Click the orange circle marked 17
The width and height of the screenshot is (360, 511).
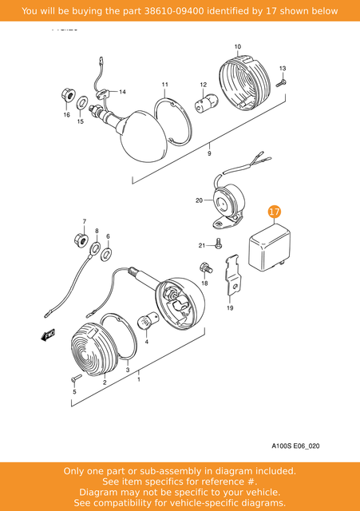click(274, 212)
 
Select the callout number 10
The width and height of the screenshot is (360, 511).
click(237, 47)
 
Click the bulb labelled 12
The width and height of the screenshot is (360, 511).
click(204, 102)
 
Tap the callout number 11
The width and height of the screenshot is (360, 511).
click(164, 85)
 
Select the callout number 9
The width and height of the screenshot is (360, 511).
click(210, 152)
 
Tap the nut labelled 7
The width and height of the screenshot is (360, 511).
click(80, 239)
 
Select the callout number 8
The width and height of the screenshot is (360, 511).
click(97, 232)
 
